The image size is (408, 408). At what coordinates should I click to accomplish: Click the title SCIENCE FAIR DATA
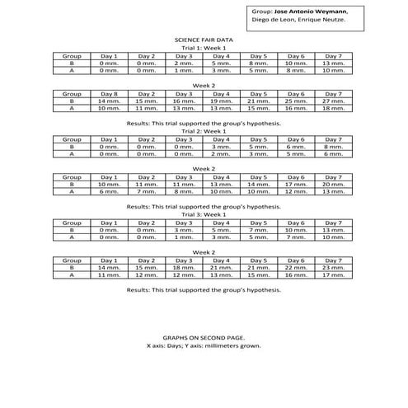(x=204, y=39)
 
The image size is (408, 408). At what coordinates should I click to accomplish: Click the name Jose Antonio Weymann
(x=311, y=11)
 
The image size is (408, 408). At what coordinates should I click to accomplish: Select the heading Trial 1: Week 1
(x=204, y=48)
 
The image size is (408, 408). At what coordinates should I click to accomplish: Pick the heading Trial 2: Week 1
(x=204, y=131)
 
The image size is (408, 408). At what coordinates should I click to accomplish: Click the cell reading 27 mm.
(x=334, y=101)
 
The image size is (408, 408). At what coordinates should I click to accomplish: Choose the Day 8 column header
(x=109, y=93)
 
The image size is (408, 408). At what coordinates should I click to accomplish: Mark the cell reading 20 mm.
(x=334, y=184)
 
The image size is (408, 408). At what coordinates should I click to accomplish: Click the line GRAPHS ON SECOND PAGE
(x=204, y=338)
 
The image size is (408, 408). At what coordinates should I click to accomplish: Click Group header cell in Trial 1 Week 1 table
(x=71, y=55)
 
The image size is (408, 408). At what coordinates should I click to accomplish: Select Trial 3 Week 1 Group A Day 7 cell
(x=334, y=237)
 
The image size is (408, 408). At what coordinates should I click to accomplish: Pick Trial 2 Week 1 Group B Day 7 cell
(x=334, y=146)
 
